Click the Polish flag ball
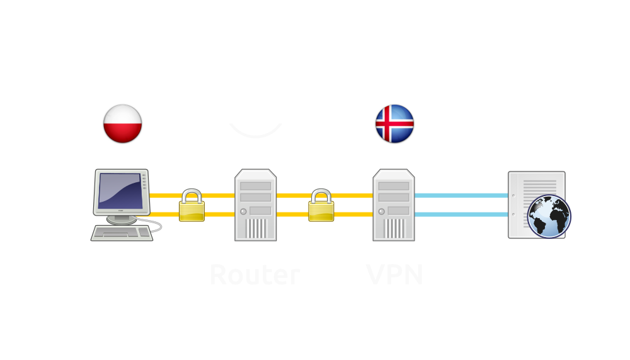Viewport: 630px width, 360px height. pyautogui.click(x=123, y=124)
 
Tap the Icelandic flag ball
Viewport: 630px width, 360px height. pyautogui.click(x=394, y=124)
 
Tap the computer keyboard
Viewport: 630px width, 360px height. pyautogui.click(x=122, y=233)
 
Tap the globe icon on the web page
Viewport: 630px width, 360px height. pyautogui.click(x=549, y=216)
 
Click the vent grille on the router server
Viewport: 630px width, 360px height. pyautogui.click(x=256, y=228)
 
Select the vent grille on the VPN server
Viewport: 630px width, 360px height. pyautogui.click(x=393, y=228)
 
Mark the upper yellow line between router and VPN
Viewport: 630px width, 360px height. pyautogui.click(x=293, y=195)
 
